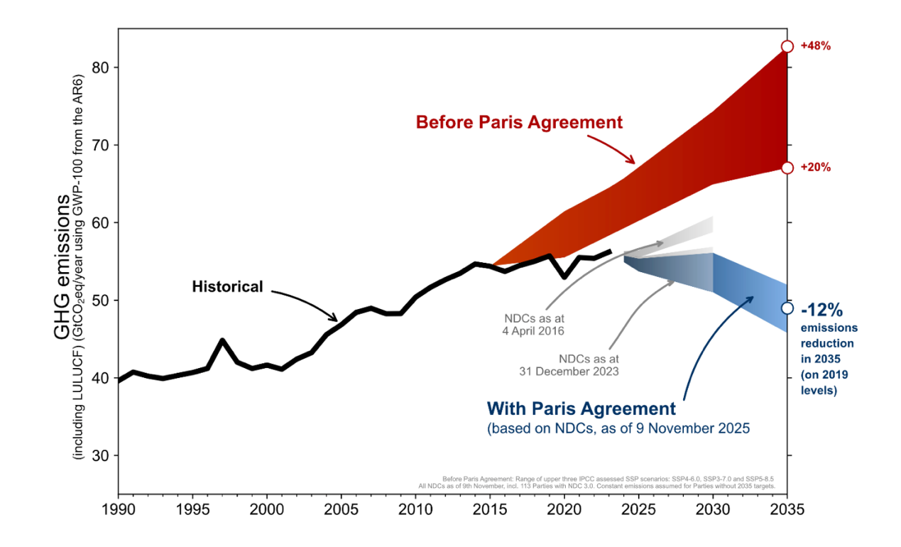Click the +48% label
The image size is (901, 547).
[815, 46]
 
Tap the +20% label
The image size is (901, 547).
[815, 168]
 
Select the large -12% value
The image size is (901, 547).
[821, 310]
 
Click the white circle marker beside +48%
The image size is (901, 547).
[787, 46]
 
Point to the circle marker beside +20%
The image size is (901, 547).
[787, 168]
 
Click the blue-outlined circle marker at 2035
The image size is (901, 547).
[787, 308]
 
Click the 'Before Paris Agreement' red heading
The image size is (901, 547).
[519, 122]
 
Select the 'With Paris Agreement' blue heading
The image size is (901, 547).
[581, 408]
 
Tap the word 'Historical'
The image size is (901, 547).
[227, 287]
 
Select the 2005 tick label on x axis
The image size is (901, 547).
[341, 509]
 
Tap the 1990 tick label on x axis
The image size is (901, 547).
[119, 509]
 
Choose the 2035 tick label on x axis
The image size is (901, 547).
[787, 509]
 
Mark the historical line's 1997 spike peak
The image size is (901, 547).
[222, 340]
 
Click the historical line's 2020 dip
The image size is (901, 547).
[564, 276]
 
